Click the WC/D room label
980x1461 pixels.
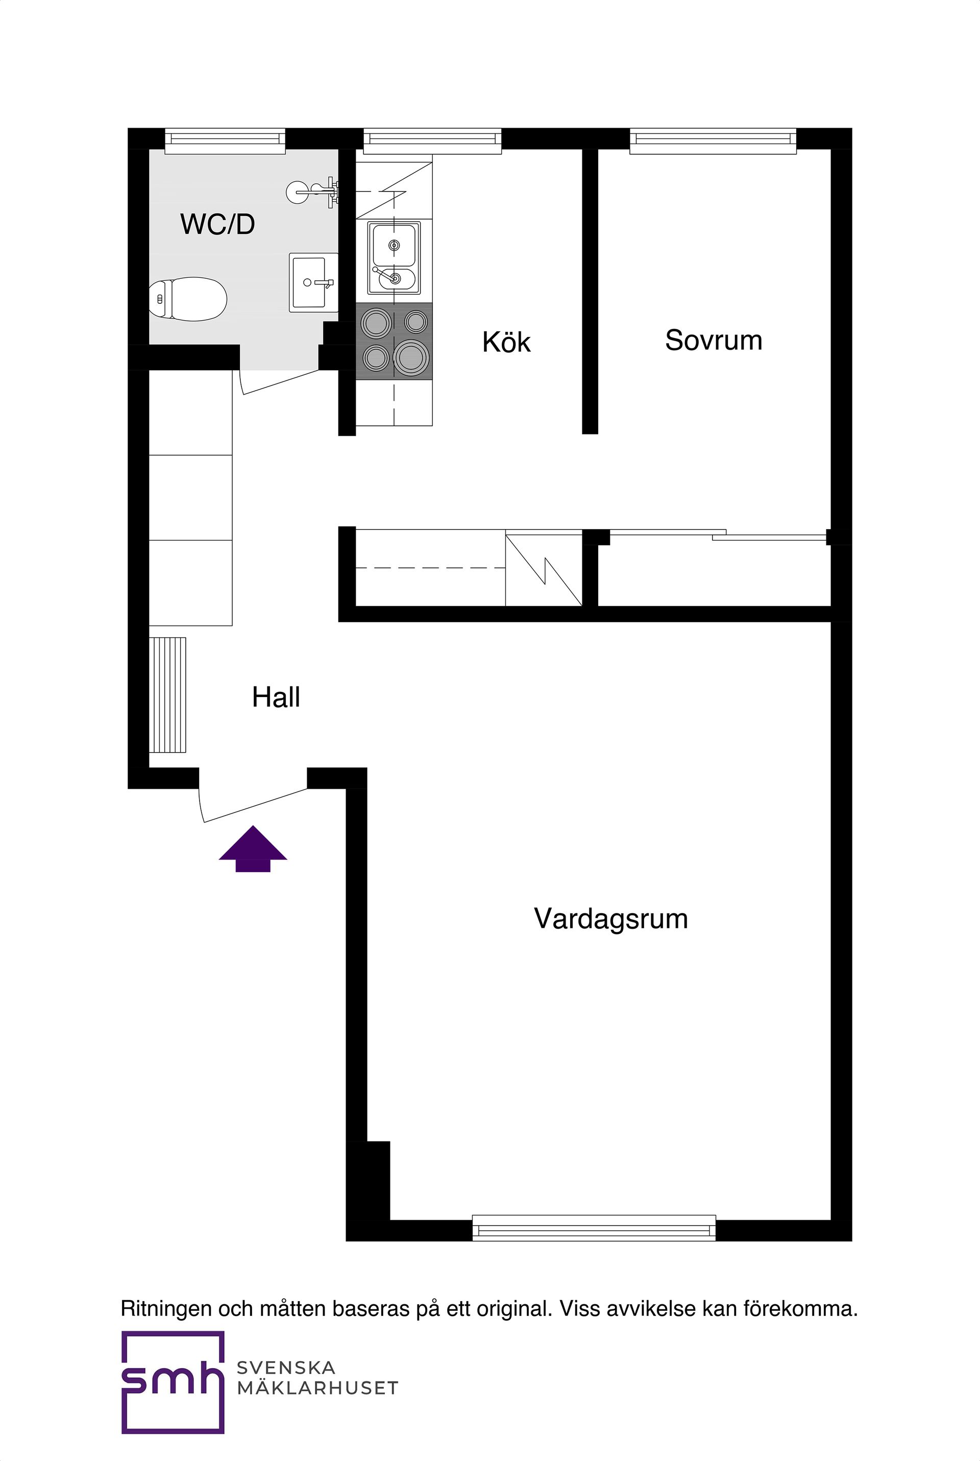click(x=217, y=224)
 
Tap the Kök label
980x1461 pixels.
click(x=506, y=343)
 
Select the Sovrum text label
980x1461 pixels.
click(x=713, y=341)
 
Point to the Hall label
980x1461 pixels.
click(x=276, y=697)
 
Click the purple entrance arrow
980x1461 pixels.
click(x=253, y=848)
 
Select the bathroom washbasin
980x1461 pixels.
click(x=313, y=282)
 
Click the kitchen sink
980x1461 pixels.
click(x=394, y=257)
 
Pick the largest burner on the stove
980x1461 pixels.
click(x=411, y=357)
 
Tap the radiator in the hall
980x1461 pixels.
click(x=167, y=694)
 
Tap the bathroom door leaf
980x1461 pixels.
click(x=281, y=382)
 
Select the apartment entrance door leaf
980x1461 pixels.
click(x=256, y=805)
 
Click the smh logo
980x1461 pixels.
click(x=173, y=1383)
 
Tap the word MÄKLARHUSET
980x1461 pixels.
click(x=317, y=1388)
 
